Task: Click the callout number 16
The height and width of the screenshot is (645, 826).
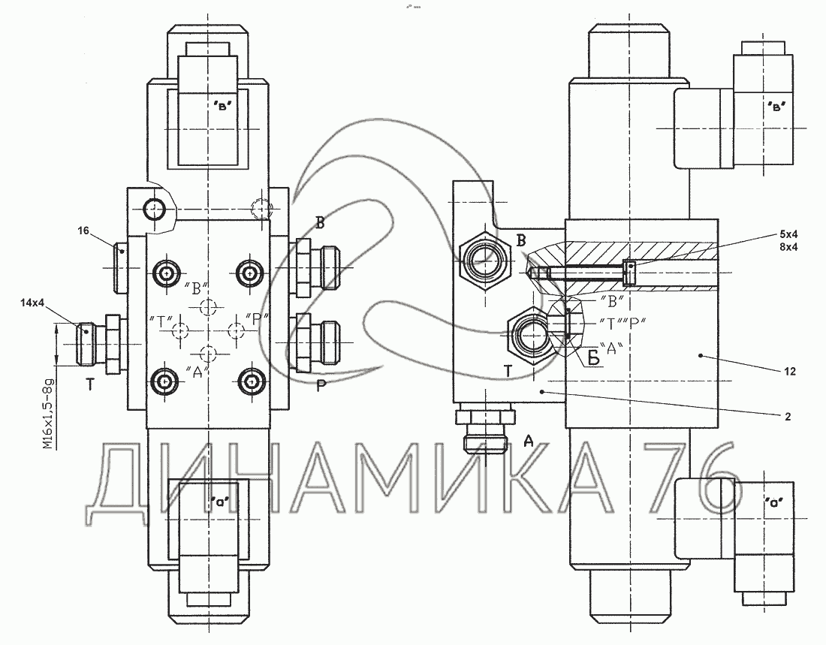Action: click(83, 231)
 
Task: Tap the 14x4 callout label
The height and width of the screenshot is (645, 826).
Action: click(32, 303)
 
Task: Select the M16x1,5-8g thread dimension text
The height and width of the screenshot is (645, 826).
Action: click(49, 414)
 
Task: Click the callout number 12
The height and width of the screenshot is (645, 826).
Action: click(788, 372)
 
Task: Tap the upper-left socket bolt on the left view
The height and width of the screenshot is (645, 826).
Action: click(167, 273)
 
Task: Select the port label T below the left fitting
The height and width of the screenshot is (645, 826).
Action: click(91, 385)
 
